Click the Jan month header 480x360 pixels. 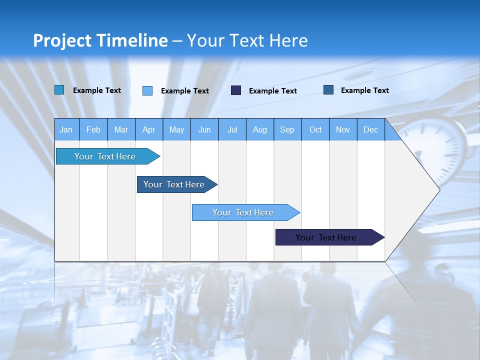pyautogui.click(x=66, y=129)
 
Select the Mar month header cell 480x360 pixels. pyautogui.click(x=121, y=129)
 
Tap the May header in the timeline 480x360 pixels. pyautogui.click(x=176, y=129)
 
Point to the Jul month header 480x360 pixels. pyautogui.click(x=232, y=129)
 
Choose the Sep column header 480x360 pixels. pyautogui.click(x=287, y=129)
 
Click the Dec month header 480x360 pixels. pyautogui.click(x=370, y=129)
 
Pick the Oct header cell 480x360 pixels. pyautogui.click(x=315, y=129)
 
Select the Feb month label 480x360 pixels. pyautogui.click(x=93, y=129)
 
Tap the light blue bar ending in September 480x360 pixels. pyautogui.click(x=243, y=212)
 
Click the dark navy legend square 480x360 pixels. pyautogui.click(x=236, y=90)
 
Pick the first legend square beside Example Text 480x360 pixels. pyautogui.click(x=59, y=90)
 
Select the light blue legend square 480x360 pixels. pyautogui.click(x=147, y=90)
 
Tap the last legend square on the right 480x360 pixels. pyautogui.click(x=328, y=90)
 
